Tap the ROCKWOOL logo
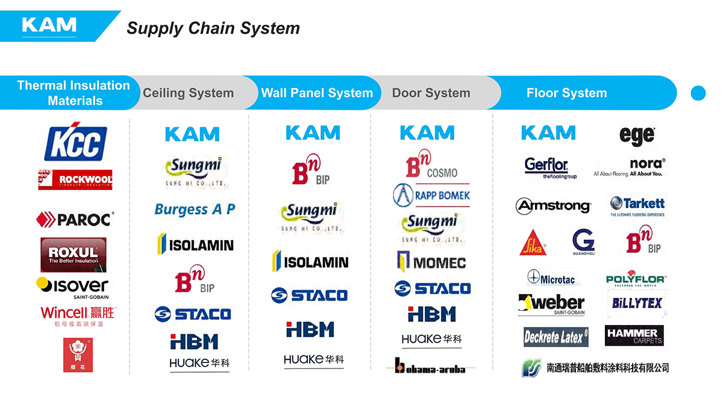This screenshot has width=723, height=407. (x=75, y=179)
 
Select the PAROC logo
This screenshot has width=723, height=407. (x=75, y=219)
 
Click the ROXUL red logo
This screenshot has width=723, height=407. (x=74, y=254)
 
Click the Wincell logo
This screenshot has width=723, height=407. (x=78, y=315)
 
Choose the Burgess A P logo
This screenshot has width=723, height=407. (x=194, y=209)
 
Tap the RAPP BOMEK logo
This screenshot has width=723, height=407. (x=431, y=195)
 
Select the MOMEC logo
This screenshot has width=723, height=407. (x=431, y=262)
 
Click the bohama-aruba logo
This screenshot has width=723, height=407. (x=430, y=366)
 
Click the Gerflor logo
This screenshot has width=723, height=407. (x=546, y=167)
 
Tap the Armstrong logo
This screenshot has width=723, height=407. (x=553, y=206)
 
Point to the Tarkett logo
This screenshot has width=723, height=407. (x=637, y=206)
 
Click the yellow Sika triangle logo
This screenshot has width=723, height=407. (x=533, y=242)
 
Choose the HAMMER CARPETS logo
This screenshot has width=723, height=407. (x=634, y=336)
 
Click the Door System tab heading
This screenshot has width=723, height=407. (x=431, y=93)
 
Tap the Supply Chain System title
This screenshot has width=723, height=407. (x=213, y=28)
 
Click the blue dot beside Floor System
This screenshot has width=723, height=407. (x=698, y=93)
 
